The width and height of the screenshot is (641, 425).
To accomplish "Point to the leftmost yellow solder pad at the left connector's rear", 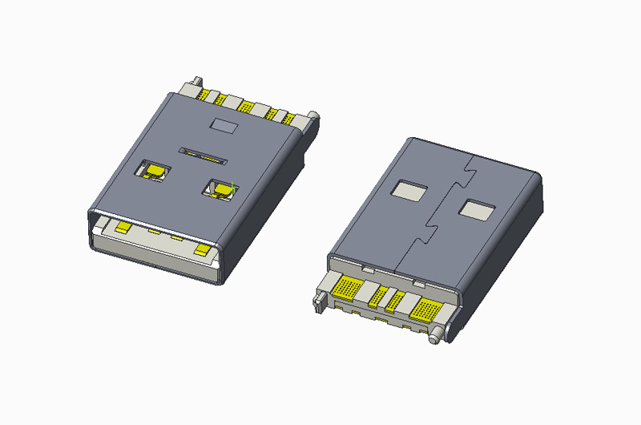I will click(x=211, y=96).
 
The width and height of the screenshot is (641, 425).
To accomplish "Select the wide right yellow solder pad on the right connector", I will click(x=422, y=310).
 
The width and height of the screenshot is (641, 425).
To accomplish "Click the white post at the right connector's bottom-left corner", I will click(x=320, y=301).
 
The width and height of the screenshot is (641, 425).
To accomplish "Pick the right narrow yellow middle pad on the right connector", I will click(x=394, y=301).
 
